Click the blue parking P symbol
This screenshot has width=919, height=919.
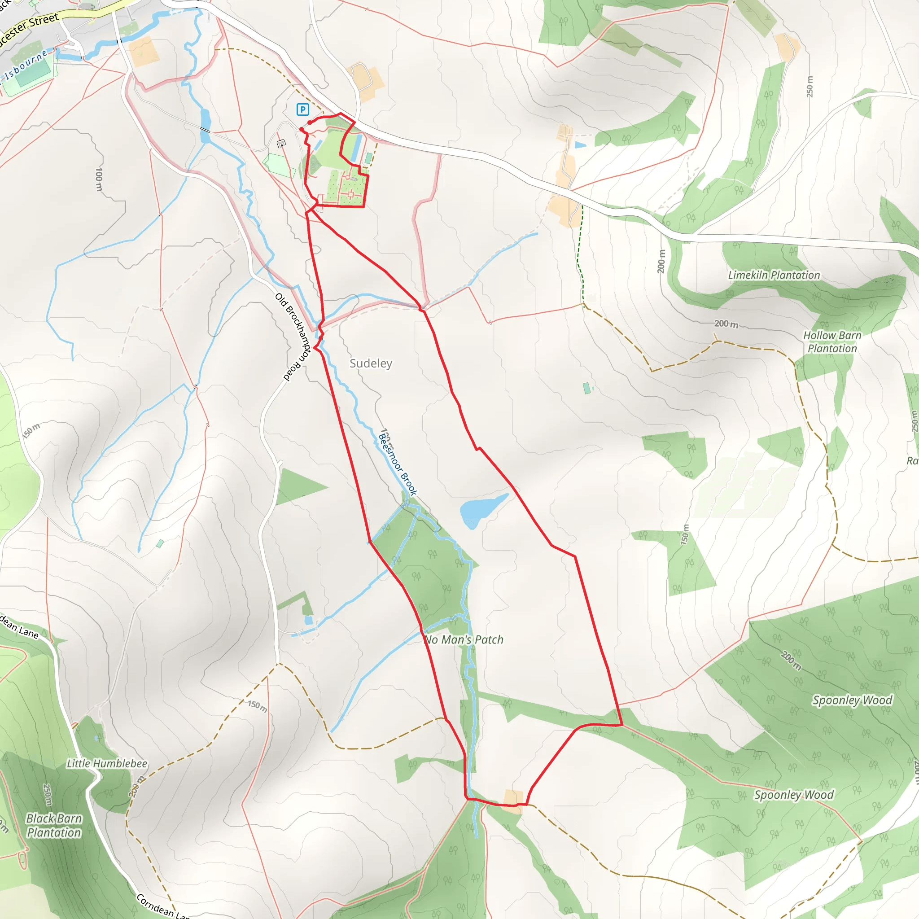(x=302, y=109)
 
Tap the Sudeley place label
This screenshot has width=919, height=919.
(x=371, y=363)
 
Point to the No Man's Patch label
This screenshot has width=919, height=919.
(x=464, y=640)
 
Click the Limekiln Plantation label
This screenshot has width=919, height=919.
(x=774, y=275)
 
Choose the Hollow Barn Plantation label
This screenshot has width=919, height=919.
(x=832, y=341)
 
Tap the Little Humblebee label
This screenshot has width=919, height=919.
(x=107, y=763)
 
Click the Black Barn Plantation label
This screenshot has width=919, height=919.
(x=54, y=825)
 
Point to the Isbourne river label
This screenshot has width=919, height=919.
(x=26, y=64)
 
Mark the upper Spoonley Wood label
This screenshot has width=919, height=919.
(x=852, y=700)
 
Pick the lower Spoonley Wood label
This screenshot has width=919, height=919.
(x=794, y=795)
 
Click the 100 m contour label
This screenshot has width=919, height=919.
(x=99, y=179)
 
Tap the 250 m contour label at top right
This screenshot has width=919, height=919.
(x=810, y=87)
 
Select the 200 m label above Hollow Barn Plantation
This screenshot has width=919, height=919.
(x=726, y=324)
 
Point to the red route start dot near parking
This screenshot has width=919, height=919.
(x=310, y=123)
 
